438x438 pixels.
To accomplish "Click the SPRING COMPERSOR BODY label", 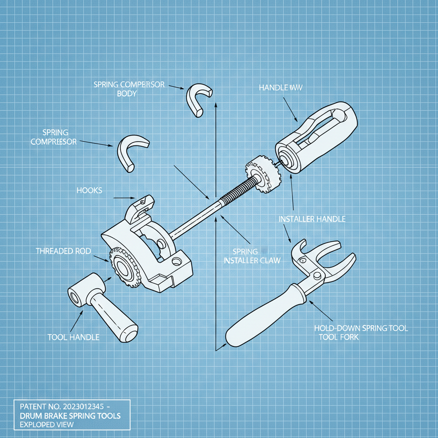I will (129, 89).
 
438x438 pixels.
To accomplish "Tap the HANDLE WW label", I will (281, 88).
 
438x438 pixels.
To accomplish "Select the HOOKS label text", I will (89, 190).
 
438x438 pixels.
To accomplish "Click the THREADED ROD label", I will (63, 251).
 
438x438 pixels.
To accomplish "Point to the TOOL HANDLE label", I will (73, 337).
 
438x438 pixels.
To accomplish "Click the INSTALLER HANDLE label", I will (312, 219).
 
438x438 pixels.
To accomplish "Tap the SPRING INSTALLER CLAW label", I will (252, 256).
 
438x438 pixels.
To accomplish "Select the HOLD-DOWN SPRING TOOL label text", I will (361, 328).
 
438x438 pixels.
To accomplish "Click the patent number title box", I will (71, 414).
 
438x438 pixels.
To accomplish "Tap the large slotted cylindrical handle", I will (317, 137).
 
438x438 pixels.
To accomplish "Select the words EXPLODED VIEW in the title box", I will (44, 425).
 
